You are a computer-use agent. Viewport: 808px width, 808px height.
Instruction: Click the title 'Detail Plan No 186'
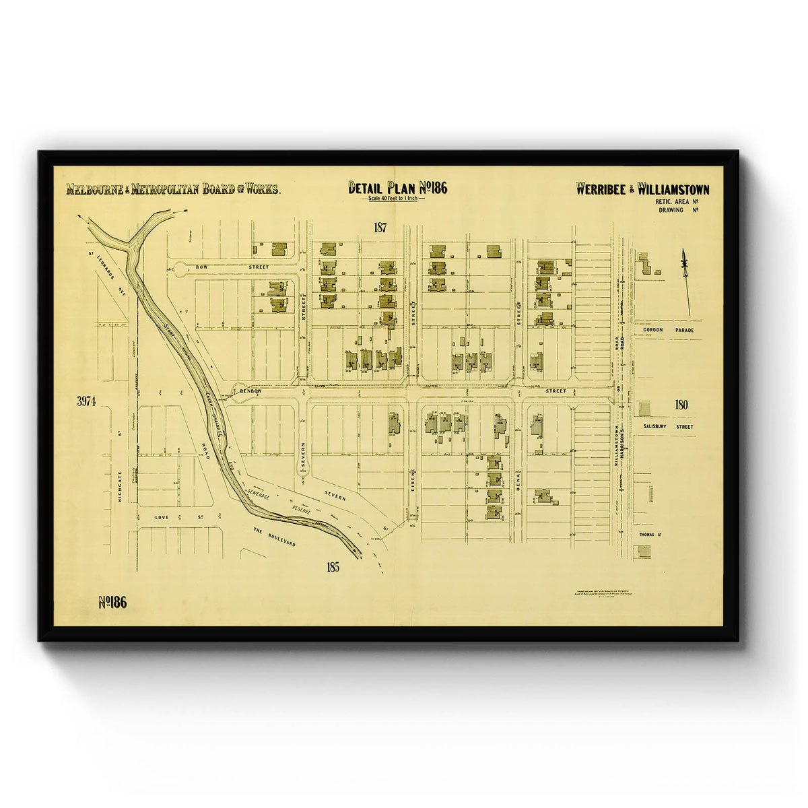pos(397,188)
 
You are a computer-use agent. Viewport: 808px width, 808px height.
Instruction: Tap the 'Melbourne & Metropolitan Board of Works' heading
pos(173,189)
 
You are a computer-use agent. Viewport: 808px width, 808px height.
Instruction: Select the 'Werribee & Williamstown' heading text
pos(642,189)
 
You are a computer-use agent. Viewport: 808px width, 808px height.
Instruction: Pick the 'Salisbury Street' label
pos(667,426)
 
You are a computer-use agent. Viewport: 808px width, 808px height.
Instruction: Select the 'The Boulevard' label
pos(275,537)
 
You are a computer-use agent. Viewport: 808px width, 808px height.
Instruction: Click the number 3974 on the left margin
pos(86,401)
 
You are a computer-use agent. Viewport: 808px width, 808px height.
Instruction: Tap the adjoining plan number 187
pos(380,228)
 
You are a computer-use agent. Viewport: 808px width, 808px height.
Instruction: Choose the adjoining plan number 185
pos(332,567)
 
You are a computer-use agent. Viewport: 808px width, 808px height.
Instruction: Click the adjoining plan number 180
pos(680,405)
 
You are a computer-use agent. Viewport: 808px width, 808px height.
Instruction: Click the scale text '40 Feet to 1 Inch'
pos(397,199)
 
